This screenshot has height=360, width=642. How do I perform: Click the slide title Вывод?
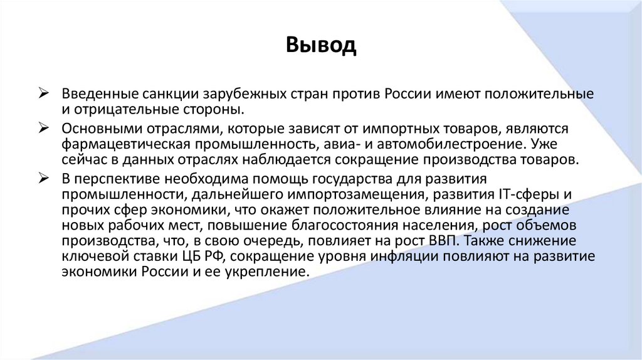321,45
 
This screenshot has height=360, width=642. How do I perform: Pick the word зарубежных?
243,95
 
